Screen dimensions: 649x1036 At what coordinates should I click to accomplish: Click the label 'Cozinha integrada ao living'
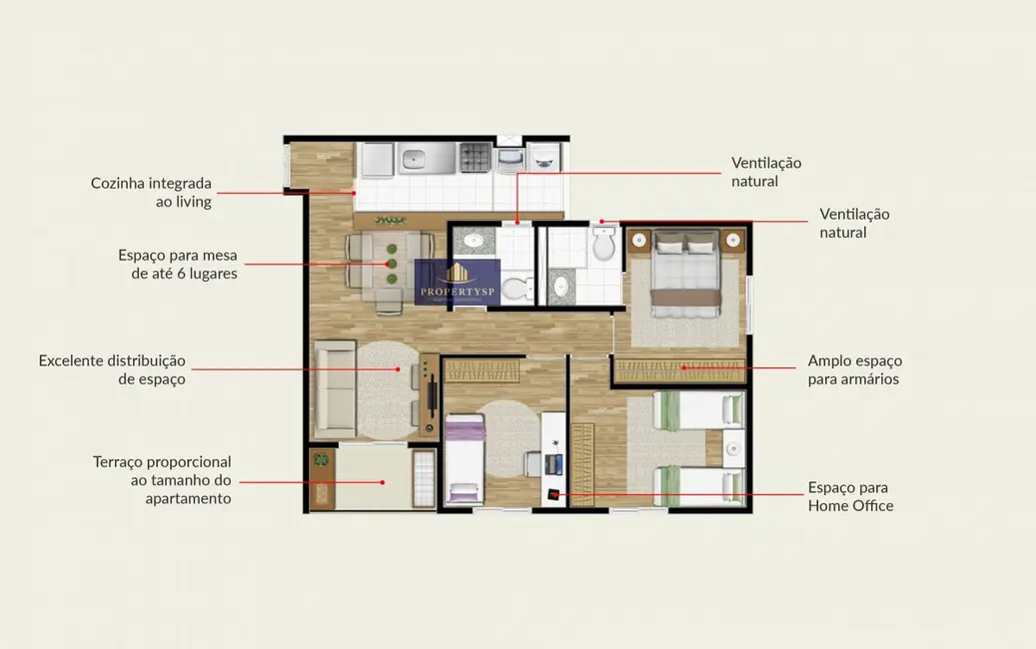tap(151, 193)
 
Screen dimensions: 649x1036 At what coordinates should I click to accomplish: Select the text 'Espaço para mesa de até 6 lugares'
tap(178, 264)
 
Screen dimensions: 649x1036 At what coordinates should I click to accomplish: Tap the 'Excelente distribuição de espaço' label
tap(112, 369)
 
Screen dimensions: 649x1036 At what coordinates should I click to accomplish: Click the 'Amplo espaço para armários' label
tap(855, 369)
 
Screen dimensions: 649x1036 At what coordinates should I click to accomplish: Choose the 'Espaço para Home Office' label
tap(850, 496)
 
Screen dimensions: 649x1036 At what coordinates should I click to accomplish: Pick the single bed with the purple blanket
tap(464, 461)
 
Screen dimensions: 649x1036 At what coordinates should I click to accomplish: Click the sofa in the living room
tap(334, 389)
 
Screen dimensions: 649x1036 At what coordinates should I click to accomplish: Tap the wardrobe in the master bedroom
tap(679, 370)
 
